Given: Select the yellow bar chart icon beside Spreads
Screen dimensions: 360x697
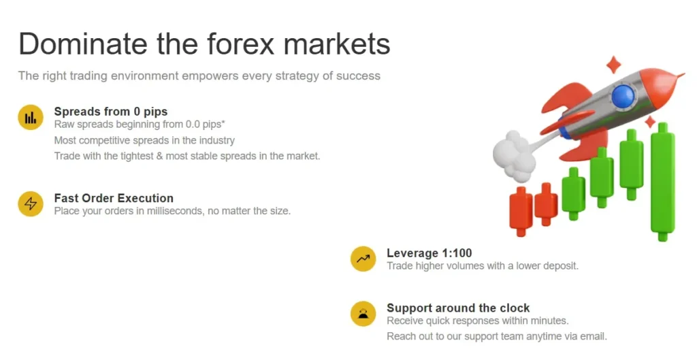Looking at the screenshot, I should point(31,118).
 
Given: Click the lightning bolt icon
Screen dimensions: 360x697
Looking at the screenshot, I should point(31,203).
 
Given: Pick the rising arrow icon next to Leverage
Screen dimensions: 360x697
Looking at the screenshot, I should point(363,259).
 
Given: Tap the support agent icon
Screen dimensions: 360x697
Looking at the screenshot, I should point(363,314).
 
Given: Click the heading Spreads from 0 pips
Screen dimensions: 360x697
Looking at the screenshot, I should point(110,111).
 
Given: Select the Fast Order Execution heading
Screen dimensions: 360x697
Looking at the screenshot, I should point(114,198).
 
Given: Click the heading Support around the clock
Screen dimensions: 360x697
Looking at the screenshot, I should point(458,308).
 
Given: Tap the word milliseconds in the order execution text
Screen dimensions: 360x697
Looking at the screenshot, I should point(186,211).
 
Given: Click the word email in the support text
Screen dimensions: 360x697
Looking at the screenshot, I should point(591,336).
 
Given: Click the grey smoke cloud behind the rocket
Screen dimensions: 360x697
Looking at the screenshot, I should point(512,155).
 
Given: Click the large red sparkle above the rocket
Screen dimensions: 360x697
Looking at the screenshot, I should point(614,65).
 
